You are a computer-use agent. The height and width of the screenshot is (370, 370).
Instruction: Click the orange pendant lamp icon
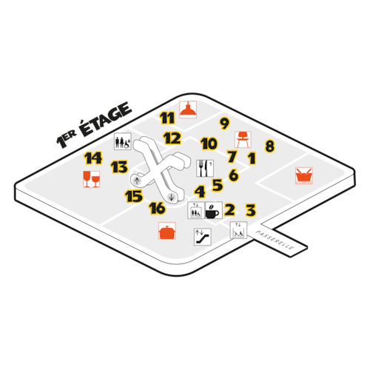pos(188,110)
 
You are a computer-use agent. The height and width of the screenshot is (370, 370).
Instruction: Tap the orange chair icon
pos(243,140)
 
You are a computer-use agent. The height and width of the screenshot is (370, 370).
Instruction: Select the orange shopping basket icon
pos(304,175)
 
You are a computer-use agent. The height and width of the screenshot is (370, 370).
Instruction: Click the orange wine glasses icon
pos(92,179)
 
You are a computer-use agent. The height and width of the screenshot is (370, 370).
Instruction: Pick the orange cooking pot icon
pos(167,231)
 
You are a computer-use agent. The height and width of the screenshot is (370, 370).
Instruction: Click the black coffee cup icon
pos(214,210)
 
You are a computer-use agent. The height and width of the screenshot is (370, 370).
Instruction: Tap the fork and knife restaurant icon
pos(205,168)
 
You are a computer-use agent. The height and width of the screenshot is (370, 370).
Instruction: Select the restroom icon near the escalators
pos(123,141)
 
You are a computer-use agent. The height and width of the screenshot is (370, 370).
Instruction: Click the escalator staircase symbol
pos(203,237)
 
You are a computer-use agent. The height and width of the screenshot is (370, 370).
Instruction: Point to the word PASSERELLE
pos(275,240)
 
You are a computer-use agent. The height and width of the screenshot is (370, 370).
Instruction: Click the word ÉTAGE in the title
pos(106,119)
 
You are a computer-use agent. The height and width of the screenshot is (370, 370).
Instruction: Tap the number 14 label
pos(93,158)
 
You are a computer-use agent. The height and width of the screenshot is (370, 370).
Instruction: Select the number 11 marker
pos(167,118)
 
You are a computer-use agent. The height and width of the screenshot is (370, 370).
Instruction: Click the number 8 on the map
pos(269,146)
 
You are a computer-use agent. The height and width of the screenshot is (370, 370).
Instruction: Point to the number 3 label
pos(251,210)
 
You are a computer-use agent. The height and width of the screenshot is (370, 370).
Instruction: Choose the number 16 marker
pos(157,208)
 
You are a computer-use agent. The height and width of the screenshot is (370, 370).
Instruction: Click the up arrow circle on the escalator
pos(136,181)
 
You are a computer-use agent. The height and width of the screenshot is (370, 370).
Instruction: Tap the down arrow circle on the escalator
pos(171,197)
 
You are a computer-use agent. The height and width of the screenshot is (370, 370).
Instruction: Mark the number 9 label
pos(224,123)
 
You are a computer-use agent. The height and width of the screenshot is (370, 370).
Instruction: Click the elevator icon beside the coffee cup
pos(196,210)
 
